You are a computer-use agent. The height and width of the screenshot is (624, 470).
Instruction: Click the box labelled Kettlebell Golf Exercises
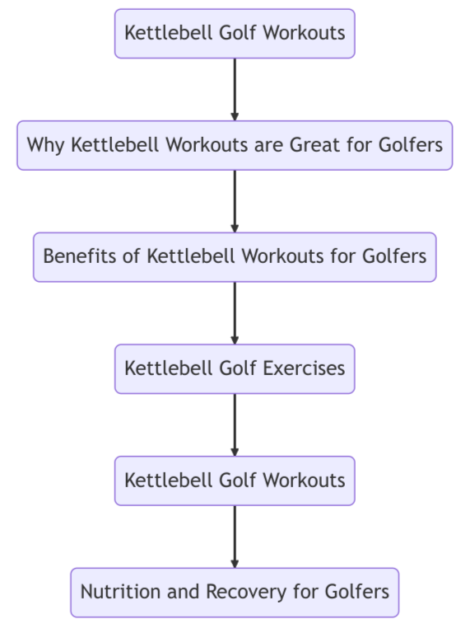click(x=235, y=368)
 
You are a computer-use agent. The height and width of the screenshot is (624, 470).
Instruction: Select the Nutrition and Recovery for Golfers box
click(x=235, y=592)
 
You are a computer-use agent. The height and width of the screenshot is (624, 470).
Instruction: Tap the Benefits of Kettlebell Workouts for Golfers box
click(x=235, y=257)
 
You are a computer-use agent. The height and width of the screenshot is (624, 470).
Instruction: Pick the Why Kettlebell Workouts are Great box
click(x=235, y=145)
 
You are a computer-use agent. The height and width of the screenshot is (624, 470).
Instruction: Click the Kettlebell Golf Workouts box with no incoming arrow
click(x=235, y=34)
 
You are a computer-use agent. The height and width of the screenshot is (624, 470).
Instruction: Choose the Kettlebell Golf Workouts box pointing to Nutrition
click(x=235, y=481)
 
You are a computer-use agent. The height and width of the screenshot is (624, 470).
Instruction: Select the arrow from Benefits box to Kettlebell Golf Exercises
click(x=235, y=312)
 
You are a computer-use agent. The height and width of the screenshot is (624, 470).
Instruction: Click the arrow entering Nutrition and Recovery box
click(x=235, y=536)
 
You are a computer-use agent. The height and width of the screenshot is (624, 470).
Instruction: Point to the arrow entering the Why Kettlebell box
click(x=235, y=89)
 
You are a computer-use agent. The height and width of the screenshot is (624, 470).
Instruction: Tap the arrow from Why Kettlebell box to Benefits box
click(x=235, y=201)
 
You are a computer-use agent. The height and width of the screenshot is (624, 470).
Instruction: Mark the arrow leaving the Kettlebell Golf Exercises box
click(x=235, y=425)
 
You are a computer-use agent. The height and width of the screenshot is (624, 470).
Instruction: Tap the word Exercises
click(x=304, y=368)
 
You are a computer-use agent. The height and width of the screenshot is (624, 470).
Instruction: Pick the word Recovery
click(x=226, y=592)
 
